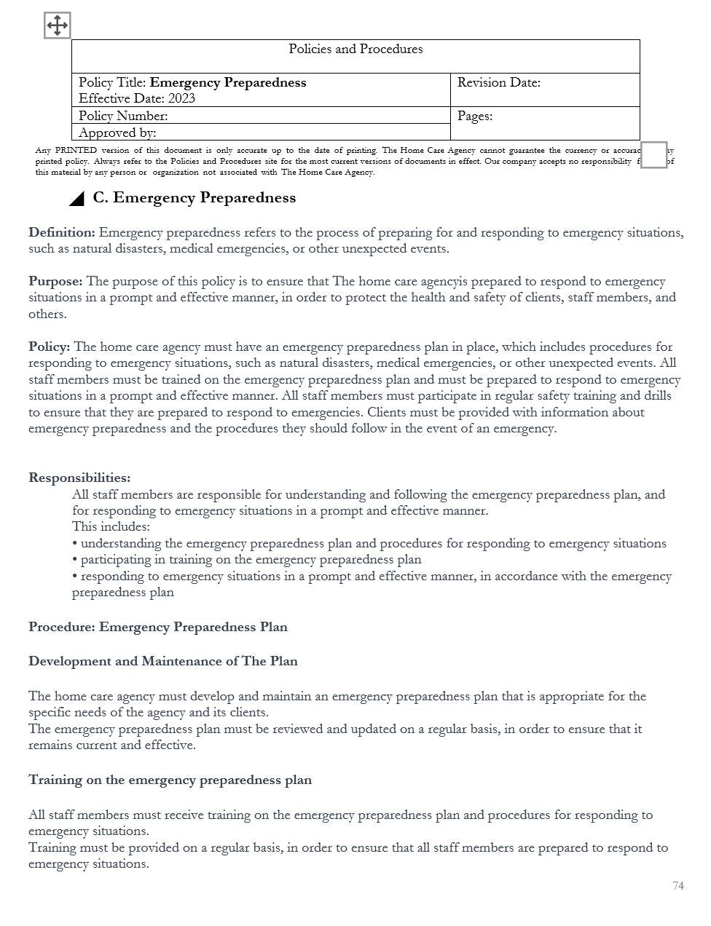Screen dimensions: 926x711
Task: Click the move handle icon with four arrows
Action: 57,25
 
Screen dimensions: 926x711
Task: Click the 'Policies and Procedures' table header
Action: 355,50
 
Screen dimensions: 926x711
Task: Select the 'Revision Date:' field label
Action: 498,83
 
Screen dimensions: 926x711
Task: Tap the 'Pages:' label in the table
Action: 474,116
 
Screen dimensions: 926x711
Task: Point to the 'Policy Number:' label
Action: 123,116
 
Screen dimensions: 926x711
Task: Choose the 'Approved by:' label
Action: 117,133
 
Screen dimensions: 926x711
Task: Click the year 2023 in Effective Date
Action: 181,99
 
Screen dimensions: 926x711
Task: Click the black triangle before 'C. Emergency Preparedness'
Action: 76,199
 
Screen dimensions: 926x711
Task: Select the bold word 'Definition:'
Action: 62,233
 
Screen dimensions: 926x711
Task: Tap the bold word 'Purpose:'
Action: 55,282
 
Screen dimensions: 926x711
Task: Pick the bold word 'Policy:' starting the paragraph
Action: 50,347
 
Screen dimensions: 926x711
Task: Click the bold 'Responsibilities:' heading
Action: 79,478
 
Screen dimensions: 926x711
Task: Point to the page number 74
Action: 678,886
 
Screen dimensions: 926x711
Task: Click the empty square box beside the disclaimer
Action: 653,155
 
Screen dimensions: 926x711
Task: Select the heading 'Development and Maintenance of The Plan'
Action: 163,662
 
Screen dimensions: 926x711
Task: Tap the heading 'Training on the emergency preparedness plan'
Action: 170,780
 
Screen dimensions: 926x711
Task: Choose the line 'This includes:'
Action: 111,527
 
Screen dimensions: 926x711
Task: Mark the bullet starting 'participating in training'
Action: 247,560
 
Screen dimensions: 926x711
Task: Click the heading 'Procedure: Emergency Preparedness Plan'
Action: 158,628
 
